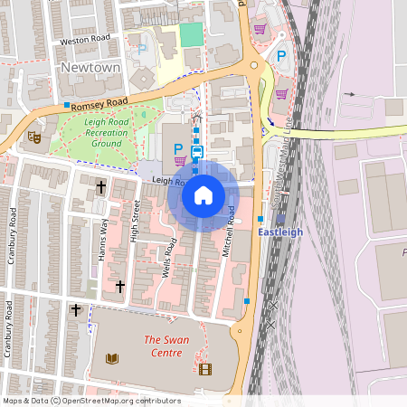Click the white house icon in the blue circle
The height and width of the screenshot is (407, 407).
[x=203, y=194]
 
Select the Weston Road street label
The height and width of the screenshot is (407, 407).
[x=84, y=42]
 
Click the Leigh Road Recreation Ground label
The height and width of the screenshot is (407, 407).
[x=95, y=132]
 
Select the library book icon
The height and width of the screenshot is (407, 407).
[x=113, y=359]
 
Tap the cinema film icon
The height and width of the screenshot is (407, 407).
[x=204, y=368]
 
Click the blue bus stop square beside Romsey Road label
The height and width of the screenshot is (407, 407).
[x=67, y=106]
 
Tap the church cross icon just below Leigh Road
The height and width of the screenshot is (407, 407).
[x=100, y=187]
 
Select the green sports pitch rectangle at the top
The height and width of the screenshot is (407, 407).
[x=191, y=34]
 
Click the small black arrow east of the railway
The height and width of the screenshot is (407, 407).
[x=349, y=94]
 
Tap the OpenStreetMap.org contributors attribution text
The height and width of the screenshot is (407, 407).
[x=122, y=401]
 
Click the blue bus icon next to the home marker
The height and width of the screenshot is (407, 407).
[x=197, y=151]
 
